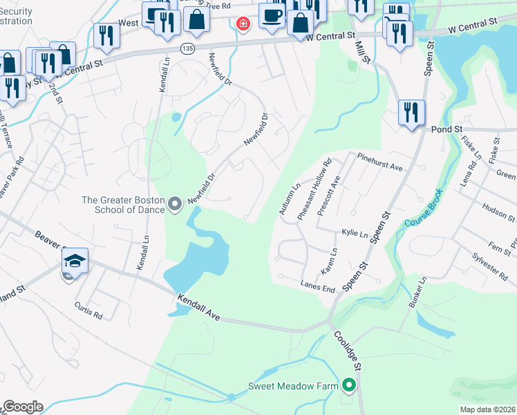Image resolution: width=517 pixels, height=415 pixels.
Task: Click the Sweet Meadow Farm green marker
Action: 350,385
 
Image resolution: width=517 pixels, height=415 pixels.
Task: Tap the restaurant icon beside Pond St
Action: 411,112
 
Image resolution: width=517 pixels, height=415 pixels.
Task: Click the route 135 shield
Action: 187,48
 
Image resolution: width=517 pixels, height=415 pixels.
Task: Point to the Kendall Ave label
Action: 198,308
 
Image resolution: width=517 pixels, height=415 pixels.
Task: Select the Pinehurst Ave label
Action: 380,163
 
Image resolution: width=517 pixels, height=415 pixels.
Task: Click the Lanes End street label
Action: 318,284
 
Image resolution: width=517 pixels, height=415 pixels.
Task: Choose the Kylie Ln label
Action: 355,234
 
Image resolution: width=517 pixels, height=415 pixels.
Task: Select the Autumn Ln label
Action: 292,196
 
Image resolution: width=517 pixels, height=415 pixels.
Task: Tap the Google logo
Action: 23,406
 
